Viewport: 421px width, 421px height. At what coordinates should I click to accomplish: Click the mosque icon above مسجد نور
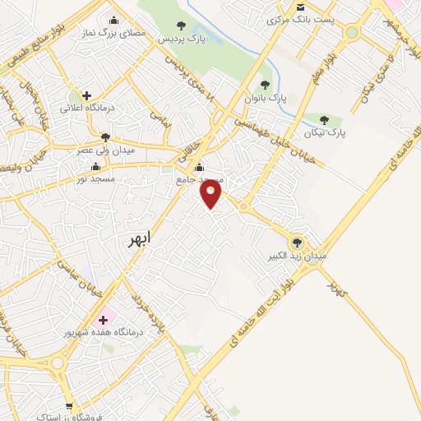coord(96,167)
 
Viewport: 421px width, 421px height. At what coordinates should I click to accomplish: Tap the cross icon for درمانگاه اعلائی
coord(86,95)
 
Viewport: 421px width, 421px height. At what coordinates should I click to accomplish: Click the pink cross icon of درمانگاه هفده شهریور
coord(103,319)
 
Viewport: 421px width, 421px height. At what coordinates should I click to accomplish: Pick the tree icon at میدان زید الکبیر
coord(297,242)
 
